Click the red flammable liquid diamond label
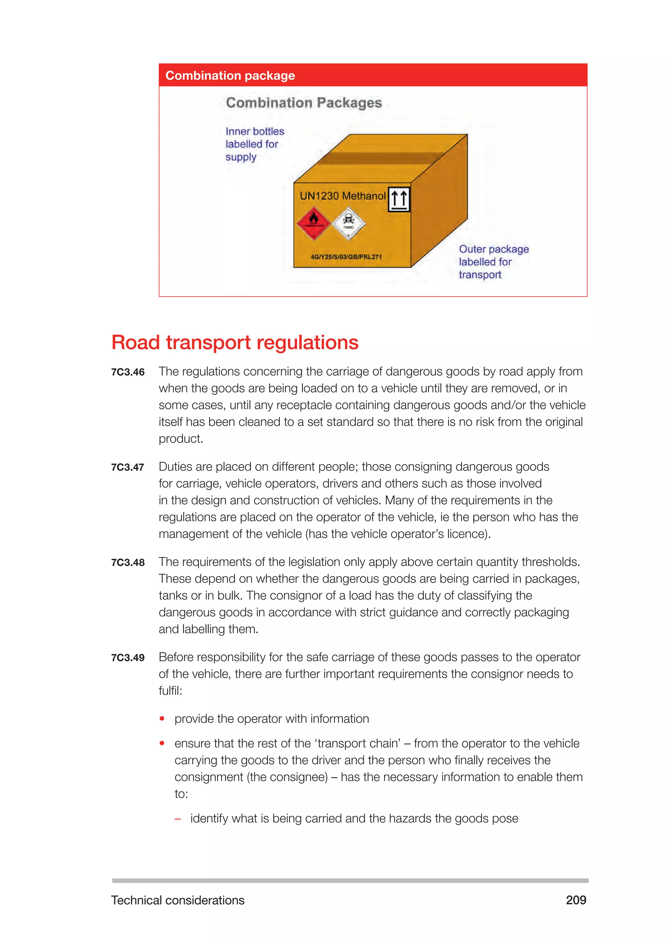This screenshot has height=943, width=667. pos(313,224)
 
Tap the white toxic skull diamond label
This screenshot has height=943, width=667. pos(348,224)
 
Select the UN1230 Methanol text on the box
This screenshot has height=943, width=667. pos(343,196)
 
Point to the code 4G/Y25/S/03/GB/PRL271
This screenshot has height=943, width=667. pos(346,257)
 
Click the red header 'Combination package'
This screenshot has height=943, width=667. pos(230,76)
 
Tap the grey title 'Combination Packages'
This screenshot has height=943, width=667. pos(304,103)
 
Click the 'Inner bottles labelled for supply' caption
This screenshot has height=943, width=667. pos(254,144)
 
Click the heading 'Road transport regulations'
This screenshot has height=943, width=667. pos(235,343)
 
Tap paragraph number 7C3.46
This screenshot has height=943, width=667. pos(128,372)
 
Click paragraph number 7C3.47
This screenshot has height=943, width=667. pos(128,467)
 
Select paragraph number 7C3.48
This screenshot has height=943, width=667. pos(128,563)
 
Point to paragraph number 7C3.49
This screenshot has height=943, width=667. pos(128,658)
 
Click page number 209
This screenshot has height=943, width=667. pos(576,900)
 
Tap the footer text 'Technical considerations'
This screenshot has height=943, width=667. pos(177,900)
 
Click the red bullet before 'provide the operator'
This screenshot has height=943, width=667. pos(162,719)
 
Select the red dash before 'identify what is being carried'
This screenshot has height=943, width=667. pos(178,819)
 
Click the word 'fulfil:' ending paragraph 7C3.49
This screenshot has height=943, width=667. pos(170,691)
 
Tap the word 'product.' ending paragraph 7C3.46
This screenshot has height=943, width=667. pos(181,439)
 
